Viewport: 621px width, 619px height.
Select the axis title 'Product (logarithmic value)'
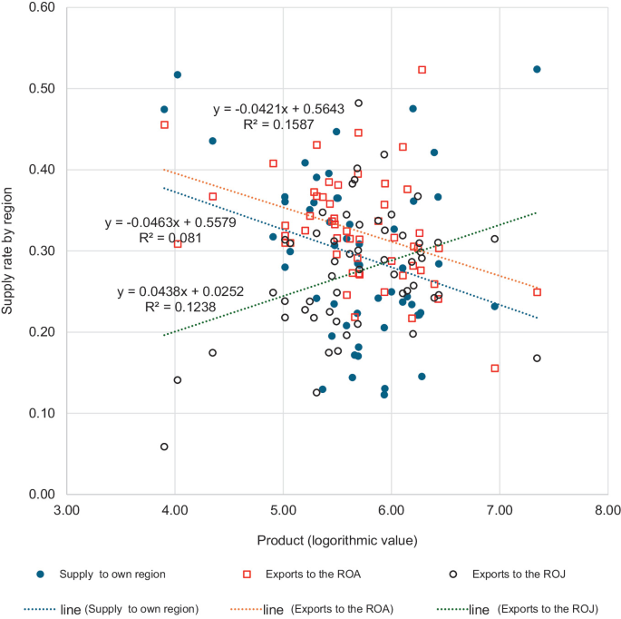(x=336, y=541)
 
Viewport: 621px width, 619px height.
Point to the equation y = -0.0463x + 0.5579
(x=170, y=222)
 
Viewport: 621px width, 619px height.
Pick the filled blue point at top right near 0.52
(x=537, y=69)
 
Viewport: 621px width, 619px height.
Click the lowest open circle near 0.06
(x=164, y=447)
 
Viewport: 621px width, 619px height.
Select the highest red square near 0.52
(x=422, y=70)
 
